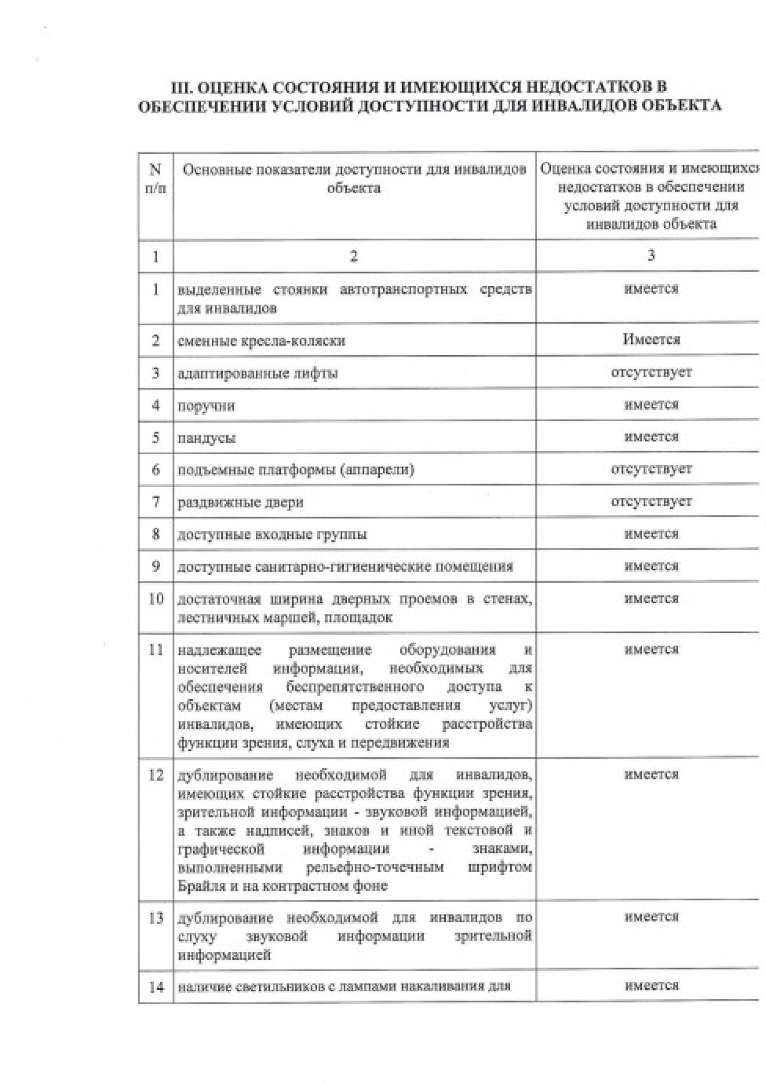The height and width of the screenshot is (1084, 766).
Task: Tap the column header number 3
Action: pyautogui.click(x=651, y=256)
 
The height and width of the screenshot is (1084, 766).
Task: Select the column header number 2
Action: pyautogui.click(x=354, y=257)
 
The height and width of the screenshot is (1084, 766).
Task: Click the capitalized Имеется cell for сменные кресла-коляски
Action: pyautogui.click(x=651, y=339)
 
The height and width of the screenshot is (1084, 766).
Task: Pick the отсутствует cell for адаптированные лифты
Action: pyautogui.click(x=651, y=372)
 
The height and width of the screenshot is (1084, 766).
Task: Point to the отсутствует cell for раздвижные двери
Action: pyautogui.click(x=651, y=501)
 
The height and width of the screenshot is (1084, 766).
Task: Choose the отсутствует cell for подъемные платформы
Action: pyautogui.click(x=651, y=469)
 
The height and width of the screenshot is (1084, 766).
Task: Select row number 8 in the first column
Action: pyautogui.click(x=156, y=534)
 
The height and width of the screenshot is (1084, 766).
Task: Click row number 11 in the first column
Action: pyautogui.click(x=156, y=650)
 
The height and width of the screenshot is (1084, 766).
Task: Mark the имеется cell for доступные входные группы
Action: pyautogui.click(x=651, y=533)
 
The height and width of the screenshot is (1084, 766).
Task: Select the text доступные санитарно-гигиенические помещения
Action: pyautogui.click(x=345, y=566)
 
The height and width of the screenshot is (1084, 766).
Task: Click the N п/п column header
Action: pyautogui.click(x=156, y=179)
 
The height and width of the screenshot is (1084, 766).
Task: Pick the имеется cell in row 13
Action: pyautogui.click(x=651, y=917)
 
